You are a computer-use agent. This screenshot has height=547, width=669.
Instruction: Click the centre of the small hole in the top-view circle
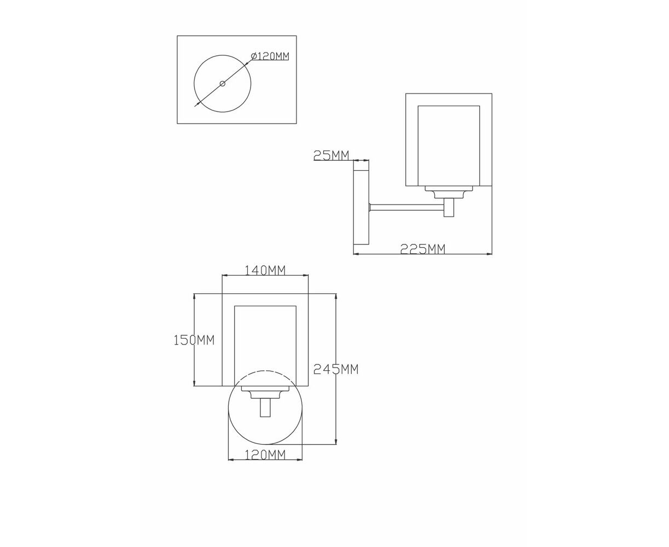(x=223, y=84)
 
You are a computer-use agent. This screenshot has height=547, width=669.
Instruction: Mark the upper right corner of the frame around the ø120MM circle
(x=296, y=36)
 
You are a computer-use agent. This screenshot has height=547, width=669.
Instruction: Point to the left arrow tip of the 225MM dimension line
(x=353, y=254)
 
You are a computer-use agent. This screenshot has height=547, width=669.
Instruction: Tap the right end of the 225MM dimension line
(x=492, y=254)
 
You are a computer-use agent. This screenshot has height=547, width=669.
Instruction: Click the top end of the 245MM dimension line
(x=336, y=294)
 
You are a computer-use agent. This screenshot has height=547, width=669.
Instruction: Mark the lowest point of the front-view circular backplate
(x=265, y=444)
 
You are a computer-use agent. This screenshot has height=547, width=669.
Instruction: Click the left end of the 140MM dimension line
(x=222, y=275)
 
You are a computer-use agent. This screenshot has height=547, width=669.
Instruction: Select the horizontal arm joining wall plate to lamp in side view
(x=407, y=207)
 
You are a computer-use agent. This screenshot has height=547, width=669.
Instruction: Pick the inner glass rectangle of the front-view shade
(x=265, y=346)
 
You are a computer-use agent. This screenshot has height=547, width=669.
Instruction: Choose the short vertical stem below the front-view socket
(x=265, y=408)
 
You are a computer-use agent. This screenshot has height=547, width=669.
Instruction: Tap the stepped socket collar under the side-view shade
(x=449, y=191)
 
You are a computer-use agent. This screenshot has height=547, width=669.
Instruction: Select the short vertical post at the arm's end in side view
(x=449, y=207)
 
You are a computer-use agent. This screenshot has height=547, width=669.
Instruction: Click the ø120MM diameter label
(x=270, y=56)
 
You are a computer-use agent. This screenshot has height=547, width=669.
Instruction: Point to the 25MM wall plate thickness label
(x=331, y=155)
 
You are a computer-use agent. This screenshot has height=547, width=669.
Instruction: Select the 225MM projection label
(x=422, y=249)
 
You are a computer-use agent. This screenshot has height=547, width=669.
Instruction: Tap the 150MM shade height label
(x=194, y=340)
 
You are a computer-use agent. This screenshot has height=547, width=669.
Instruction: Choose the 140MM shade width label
(x=265, y=270)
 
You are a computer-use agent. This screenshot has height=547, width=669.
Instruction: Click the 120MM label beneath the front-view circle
(x=265, y=455)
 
